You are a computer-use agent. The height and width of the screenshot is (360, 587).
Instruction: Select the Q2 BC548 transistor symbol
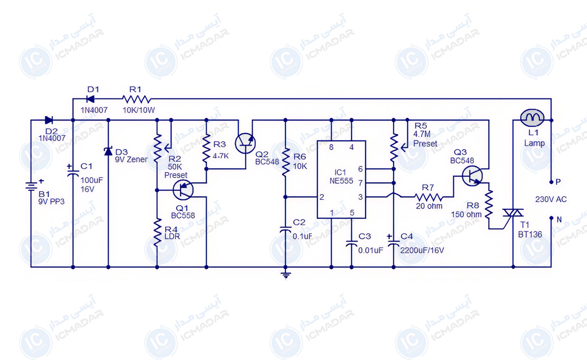[245, 143]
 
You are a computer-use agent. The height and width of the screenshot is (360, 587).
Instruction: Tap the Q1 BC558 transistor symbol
[183, 190]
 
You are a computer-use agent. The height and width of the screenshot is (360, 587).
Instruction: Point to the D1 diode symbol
[90, 99]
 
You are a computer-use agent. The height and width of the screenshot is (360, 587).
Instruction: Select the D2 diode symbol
[49, 120]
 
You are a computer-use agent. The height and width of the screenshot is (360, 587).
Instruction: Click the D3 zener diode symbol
[108, 151]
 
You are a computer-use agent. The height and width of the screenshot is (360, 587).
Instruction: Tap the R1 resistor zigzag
[137, 99]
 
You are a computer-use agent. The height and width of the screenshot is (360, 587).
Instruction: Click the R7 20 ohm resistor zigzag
[429, 197]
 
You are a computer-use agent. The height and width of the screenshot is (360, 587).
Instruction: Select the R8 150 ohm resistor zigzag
[489, 204]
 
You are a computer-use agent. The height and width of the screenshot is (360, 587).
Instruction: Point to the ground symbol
[286, 275]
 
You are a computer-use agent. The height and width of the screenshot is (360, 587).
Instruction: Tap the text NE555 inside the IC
[341, 181]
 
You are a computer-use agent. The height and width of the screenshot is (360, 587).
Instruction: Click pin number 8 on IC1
[331, 147]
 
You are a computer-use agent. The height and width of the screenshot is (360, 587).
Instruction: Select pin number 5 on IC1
[352, 213]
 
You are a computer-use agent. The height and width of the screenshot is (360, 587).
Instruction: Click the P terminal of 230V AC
[551, 182]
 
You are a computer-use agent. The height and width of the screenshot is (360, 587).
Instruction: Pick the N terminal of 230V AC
[551, 218]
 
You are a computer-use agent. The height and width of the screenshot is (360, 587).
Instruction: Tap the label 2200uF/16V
[422, 250]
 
